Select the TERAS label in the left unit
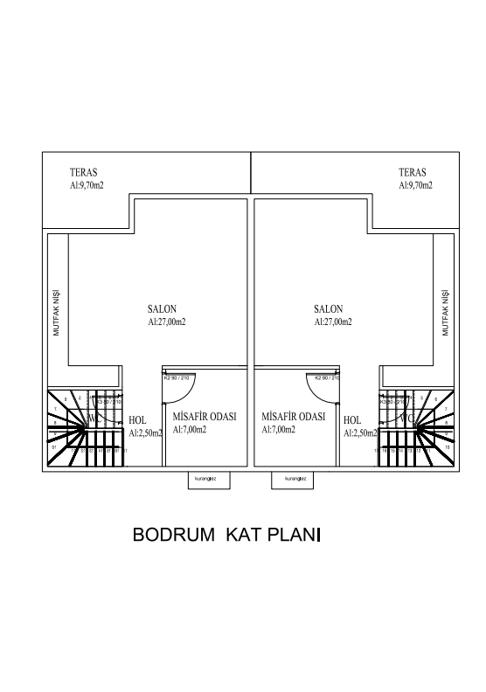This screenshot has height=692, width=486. [x=84, y=173]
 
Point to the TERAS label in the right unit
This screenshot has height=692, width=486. [x=412, y=173]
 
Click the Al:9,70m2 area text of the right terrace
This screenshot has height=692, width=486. [x=415, y=185]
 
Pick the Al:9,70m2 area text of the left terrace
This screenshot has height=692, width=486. [x=87, y=185]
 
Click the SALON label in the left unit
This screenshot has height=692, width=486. [x=163, y=309]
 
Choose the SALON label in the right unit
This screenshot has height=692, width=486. [x=328, y=309]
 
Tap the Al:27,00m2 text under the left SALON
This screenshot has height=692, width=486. [x=166, y=322]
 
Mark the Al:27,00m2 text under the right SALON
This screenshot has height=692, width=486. [x=332, y=322]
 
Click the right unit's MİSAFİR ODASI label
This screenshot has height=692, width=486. [x=294, y=417]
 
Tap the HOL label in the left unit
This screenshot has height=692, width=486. [x=137, y=420]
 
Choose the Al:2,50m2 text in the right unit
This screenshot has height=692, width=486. [x=360, y=432]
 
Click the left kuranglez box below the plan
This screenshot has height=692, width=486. [x=207, y=480]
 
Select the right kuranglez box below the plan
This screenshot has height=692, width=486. [x=292, y=480]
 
